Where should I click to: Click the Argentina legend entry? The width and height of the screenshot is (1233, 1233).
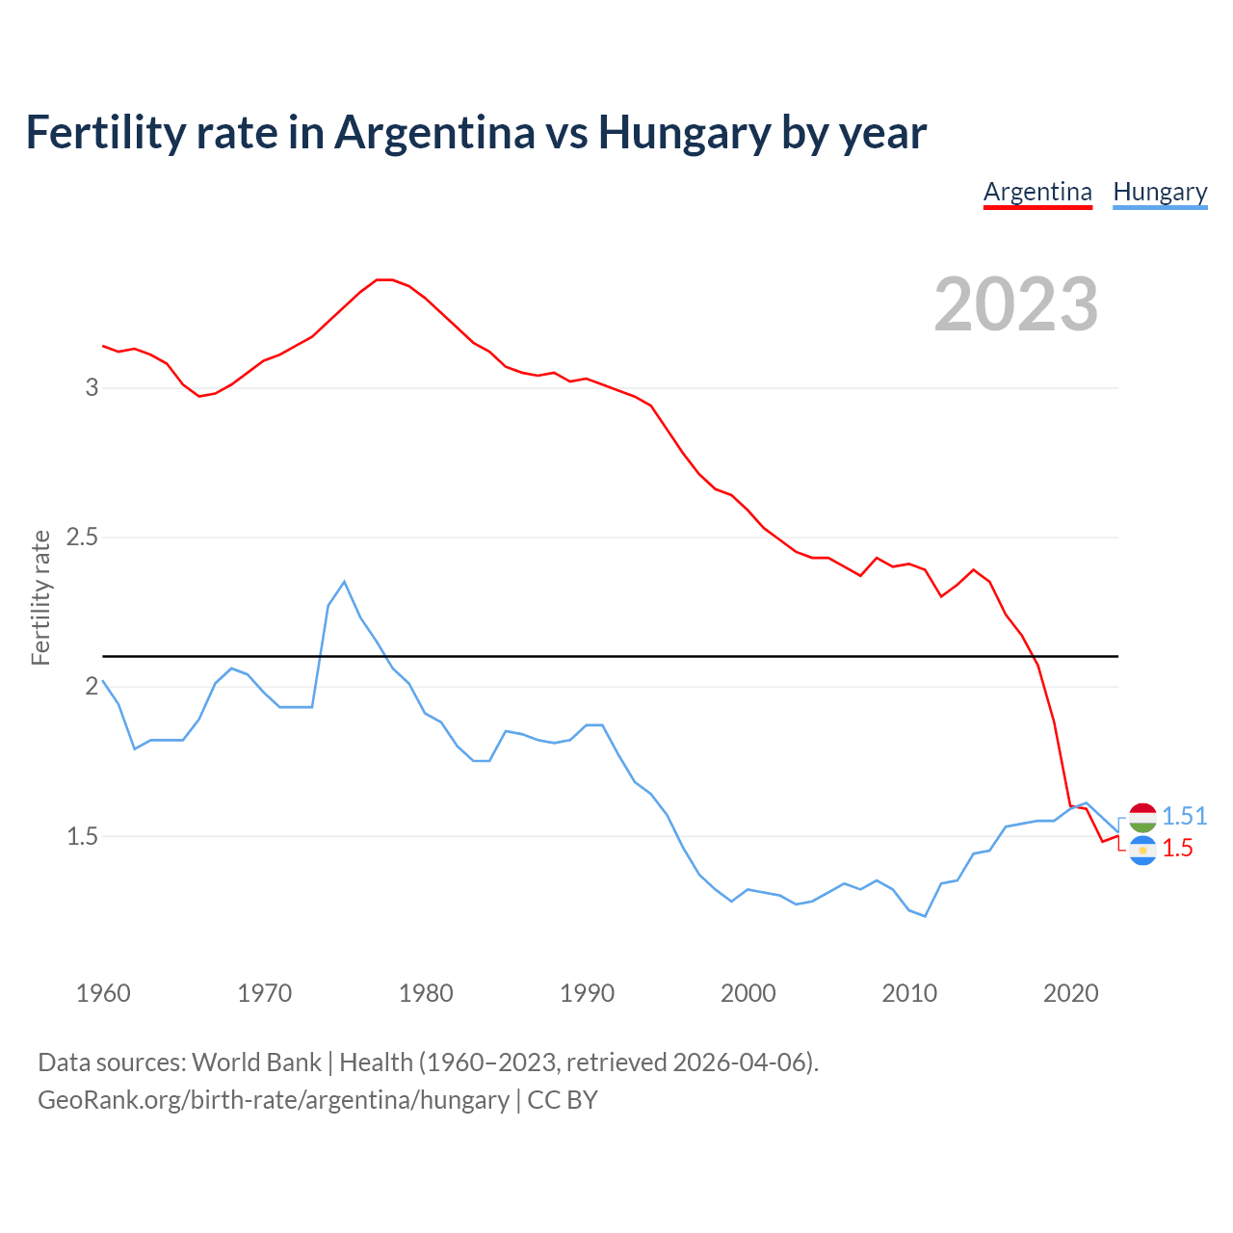(1037, 192)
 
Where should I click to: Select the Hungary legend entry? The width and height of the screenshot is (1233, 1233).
(1160, 192)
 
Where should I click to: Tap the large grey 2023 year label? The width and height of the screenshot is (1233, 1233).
(1016, 304)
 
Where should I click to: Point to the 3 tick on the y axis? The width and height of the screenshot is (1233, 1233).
(92, 388)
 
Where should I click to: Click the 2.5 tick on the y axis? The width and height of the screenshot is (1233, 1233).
(83, 538)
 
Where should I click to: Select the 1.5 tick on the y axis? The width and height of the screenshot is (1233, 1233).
(83, 836)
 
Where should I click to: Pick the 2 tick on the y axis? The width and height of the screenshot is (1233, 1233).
(92, 687)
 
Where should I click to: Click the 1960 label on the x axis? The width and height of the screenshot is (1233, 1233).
(103, 993)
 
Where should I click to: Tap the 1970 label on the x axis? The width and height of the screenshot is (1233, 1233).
(264, 993)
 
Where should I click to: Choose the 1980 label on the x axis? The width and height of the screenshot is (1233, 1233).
(426, 993)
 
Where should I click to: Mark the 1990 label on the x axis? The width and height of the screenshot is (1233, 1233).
(587, 993)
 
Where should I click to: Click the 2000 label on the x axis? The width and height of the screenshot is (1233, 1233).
(748, 993)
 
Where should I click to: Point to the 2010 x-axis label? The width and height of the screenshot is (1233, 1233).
(909, 993)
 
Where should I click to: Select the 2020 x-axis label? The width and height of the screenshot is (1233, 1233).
(1070, 993)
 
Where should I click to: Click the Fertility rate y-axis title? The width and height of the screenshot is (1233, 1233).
(40, 597)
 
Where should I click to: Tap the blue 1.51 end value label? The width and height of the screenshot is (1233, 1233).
(1184, 816)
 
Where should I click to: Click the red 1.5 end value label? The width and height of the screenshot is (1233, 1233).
(1177, 849)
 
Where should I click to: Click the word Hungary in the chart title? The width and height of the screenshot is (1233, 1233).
(684, 133)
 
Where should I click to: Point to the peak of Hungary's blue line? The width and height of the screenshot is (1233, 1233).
(344, 582)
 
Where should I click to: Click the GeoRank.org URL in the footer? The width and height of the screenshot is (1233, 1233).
(273, 1100)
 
